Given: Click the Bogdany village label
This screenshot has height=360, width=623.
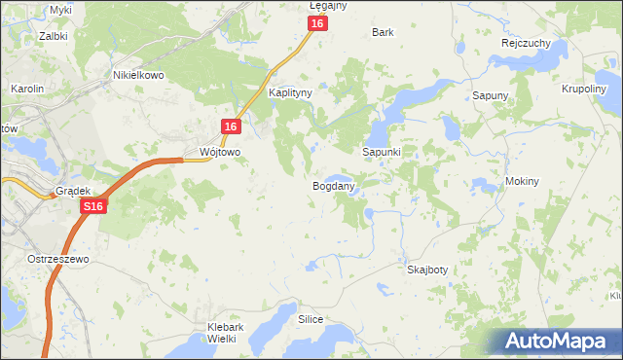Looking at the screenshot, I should pyautogui.click(x=333, y=185).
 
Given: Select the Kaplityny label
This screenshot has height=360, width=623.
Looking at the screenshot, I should pyautogui.click(x=289, y=93).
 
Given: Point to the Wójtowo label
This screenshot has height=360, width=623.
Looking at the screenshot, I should pyautogui.click(x=219, y=153).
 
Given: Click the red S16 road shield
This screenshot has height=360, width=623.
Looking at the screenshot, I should pyautogui.click(x=92, y=207).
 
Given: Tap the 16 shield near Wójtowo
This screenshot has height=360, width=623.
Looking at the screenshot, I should pyautogui.click(x=231, y=127).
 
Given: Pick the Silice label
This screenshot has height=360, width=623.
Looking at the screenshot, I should pyautogui.click(x=311, y=319).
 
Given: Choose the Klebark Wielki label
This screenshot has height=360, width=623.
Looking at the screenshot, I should pyautogui.click(x=225, y=333).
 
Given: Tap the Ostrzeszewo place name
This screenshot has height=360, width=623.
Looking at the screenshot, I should pyautogui.click(x=58, y=260).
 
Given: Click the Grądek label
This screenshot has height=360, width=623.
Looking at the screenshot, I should pyautogui.click(x=72, y=192).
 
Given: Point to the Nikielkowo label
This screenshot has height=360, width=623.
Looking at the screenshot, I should pyautogui.click(x=138, y=74).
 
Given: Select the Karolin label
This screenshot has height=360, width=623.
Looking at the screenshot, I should pyautogui.click(x=27, y=89).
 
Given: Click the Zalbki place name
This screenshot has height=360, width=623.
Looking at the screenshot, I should pyautogui.click(x=53, y=35).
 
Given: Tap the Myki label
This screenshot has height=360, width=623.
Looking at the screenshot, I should pyautogui.click(x=60, y=10).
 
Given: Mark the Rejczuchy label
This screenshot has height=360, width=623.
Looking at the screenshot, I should pyautogui.click(x=527, y=44).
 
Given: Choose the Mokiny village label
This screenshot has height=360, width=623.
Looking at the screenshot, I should pyautogui.click(x=523, y=182).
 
